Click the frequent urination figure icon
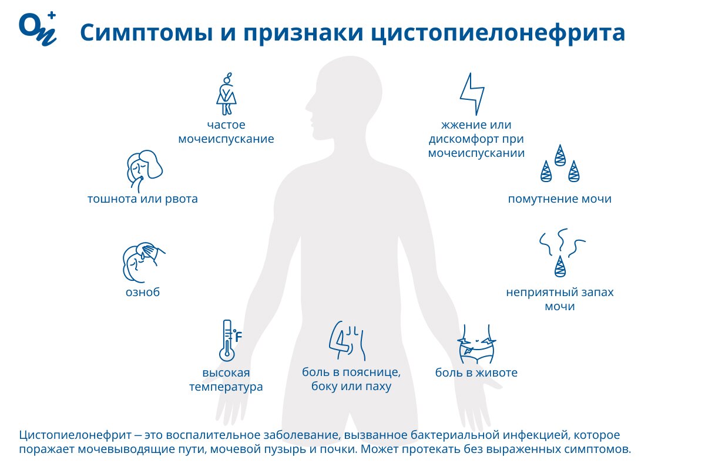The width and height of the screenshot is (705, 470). tap(226, 93)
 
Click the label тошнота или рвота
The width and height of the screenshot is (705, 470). tap(143, 199)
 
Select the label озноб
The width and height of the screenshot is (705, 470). tap(143, 293)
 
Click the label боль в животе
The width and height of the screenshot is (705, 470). tap(476, 372)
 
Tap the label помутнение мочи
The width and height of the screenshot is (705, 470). tap(560, 199)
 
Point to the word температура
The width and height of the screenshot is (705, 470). tap(226, 387)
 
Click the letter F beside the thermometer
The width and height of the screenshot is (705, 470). tap(239, 337)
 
